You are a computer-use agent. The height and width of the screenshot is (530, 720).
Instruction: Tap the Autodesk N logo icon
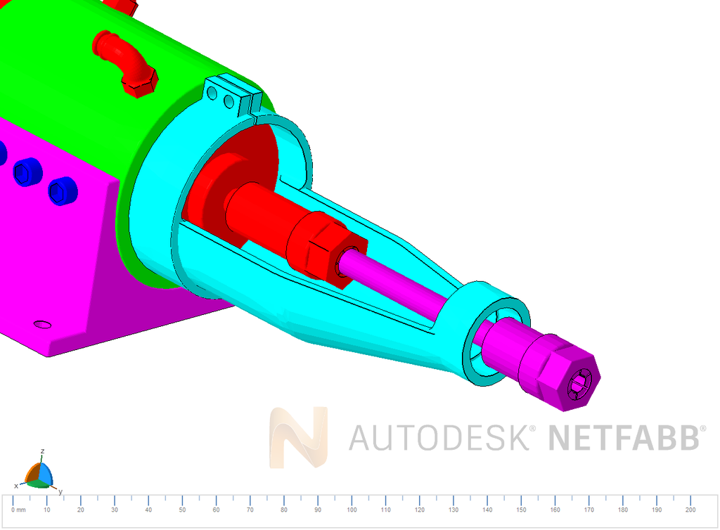[x=299, y=437]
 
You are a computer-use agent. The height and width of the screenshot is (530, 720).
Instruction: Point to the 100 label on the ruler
[x=352, y=510]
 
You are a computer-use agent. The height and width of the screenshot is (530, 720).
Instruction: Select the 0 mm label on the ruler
[x=18, y=510]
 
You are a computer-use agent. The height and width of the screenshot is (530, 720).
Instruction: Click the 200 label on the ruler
[x=690, y=510]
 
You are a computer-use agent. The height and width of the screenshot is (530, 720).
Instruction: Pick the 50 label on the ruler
[x=182, y=510]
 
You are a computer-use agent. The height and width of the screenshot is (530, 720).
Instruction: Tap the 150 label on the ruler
[x=521, y=510]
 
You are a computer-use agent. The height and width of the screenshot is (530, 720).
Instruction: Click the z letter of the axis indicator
[x=43, y=451]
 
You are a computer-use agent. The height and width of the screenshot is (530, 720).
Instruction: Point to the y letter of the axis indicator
[x=60, y=492]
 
